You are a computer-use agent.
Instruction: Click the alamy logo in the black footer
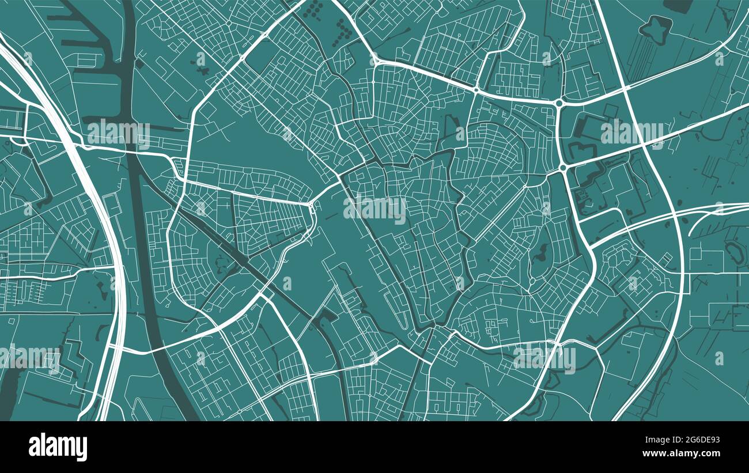point(58,447)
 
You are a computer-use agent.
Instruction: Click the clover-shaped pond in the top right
point(654,29)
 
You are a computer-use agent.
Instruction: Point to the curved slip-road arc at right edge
point(706,219)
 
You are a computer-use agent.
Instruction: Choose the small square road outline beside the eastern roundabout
point(610,110)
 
